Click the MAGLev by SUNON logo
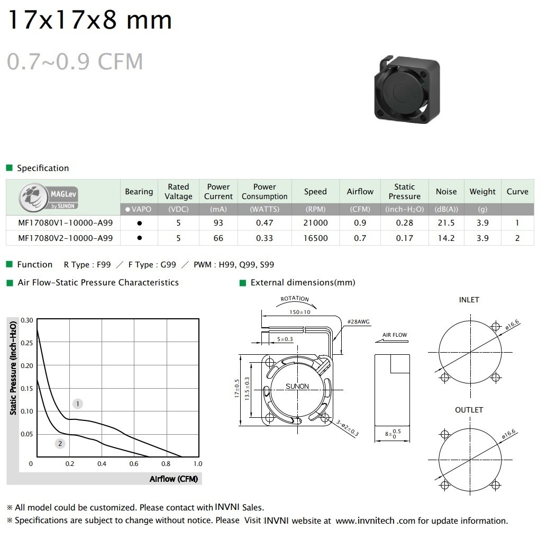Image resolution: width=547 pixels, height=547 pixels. click(x=48, y=198)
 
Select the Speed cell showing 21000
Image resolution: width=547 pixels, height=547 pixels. click(x=315, y=223)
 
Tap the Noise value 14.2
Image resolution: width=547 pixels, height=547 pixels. click(x=446, y=238)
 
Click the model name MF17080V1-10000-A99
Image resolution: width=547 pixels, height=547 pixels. click(x=65, y=223)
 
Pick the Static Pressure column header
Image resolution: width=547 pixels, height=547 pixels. click(x=404, y=191)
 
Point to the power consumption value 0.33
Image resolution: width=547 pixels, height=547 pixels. click(x=265, y=238)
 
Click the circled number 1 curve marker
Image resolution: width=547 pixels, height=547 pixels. click(x=77, y=404)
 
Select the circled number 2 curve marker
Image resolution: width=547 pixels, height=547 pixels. click(x=60, y=444)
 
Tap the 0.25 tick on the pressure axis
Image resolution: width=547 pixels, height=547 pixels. click(x=27, y=343)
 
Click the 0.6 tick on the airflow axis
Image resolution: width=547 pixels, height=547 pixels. click(x=134, y=464)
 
